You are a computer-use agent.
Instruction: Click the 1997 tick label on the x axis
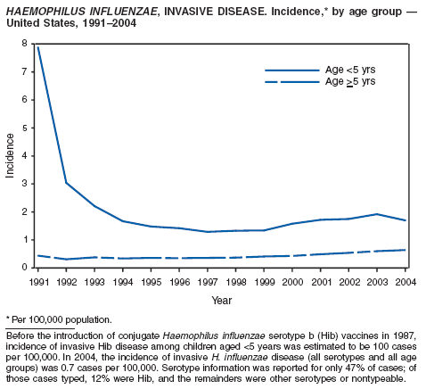pyautogui.click(x=208, y=282)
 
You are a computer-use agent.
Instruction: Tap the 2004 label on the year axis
pyautogui.click(x=406, y=282)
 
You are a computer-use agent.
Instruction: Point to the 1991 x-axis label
pyautogui.click(x=39, y=282)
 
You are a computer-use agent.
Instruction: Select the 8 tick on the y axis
pyautogui.click(x=24, y=44)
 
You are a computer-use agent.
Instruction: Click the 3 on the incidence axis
pyautogui.click(x=24, y=184)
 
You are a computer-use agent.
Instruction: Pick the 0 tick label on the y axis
pyautogui.click(x=24, y=268)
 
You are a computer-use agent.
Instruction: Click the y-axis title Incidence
pyautogui.click(x=10, y=155)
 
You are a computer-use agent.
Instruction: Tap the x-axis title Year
pyautogui.click(x=222, y=301)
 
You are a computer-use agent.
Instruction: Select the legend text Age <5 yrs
pyautogui.click(x=350, y=70)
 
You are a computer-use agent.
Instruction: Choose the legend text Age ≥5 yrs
pyautogui.click(x=350, y=81)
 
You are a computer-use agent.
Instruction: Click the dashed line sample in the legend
pyautogui.click(x=292, y=82)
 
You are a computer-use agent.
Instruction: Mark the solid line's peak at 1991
pyautogui.click(x=38, y=47)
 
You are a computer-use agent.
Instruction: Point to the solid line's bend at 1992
pyautogui.click(x=66, y=183)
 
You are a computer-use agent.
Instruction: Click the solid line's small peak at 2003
pyautogui.click(x=377, y=214)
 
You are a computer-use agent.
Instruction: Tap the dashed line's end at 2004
pyautogui.click(x=406, y=250)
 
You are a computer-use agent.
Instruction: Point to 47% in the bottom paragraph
pyautogui.click(x=335, y=368)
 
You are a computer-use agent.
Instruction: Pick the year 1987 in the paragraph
pyautogui.click(x=406, y=335)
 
